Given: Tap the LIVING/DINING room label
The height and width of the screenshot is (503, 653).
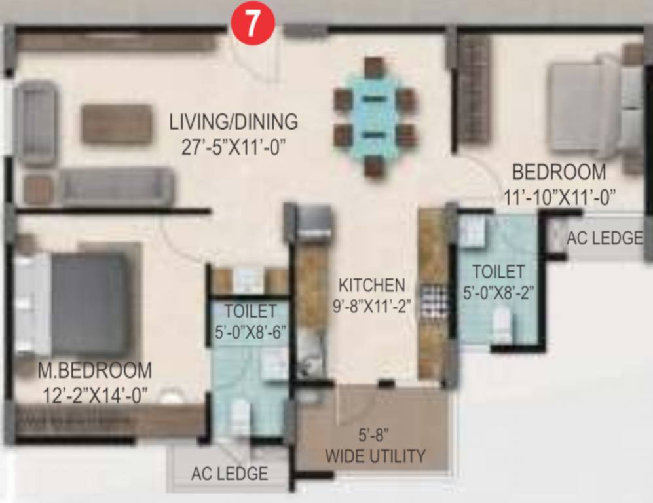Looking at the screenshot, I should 233,122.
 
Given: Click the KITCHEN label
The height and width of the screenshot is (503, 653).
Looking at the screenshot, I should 371,285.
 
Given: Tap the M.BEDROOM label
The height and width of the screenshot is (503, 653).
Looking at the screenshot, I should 94,370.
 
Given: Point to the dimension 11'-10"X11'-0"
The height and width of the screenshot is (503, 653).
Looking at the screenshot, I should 559,196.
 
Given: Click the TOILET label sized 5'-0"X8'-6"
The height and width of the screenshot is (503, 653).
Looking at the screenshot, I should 250,310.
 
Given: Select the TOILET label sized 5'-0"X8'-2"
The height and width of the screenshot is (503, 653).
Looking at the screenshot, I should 498,270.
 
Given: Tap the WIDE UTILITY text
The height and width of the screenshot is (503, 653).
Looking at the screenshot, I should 375,456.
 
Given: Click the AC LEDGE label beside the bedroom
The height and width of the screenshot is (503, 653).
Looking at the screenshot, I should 605,238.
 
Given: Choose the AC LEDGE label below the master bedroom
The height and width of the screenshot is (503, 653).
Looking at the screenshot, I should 229,473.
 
